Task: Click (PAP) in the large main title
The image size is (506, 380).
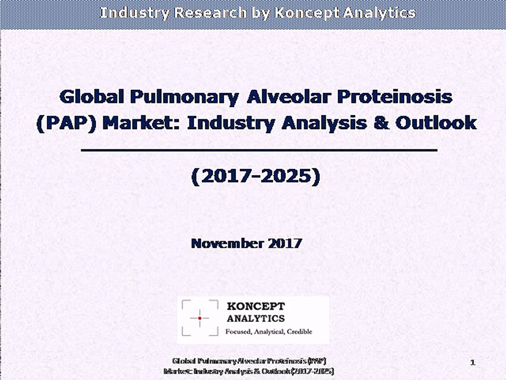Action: click(65, 123)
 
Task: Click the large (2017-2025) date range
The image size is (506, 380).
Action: click(256, 177)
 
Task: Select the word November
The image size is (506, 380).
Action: click(226, 243)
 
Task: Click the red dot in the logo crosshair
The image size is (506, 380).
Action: click(200, 318)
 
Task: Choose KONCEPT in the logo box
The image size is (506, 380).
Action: click(256, 307)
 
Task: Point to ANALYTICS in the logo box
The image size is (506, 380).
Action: click(256, 318)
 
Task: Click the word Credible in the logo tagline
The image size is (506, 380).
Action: click(297, 331)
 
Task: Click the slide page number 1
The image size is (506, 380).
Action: click(473, 362)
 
